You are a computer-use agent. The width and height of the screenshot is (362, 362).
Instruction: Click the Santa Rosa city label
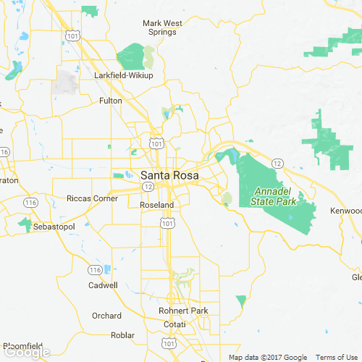tap(170, 174)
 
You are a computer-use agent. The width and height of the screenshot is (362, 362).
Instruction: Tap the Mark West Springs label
tap(162, 28)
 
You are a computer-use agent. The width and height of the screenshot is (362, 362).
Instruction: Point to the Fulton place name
tap(111, 101)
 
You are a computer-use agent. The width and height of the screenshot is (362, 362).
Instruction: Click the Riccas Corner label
tap(92, 198)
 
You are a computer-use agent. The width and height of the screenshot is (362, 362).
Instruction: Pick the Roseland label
tap(156, 205)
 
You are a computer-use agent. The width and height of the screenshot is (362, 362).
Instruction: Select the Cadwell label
tap(102, 285)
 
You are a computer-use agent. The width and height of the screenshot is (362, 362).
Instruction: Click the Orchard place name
tap(106, 316)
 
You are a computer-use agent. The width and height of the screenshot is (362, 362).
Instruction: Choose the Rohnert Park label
tap(183, 311)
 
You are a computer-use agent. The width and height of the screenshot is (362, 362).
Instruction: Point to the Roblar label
tap(122, 334)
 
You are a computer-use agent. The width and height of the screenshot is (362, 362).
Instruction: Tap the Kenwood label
tap(346, 211)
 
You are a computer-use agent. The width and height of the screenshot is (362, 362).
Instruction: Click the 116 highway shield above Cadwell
tap(94, 269)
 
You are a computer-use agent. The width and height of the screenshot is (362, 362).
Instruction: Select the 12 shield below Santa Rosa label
tap(147, 186)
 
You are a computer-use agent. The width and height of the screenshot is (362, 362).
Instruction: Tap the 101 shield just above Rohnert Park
tap(172, 297)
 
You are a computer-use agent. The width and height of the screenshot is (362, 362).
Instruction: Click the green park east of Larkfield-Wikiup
tap(132, 56)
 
